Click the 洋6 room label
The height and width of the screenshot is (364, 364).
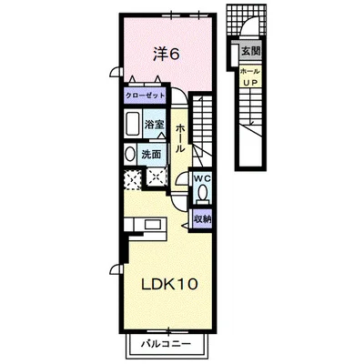point(167,55)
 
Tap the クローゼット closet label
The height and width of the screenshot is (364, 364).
point(146,96)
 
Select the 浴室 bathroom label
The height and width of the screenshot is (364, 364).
point(154,125)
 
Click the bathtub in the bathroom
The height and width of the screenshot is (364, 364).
point(132,124)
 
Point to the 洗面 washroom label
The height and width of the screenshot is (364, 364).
point(151,155)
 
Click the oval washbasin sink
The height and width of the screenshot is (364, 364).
point(130,155)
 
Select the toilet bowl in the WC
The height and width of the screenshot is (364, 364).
point(202,192)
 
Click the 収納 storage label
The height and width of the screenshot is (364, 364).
point(202,219)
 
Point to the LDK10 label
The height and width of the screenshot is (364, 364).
point(170,284)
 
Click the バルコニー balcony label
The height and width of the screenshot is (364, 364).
point(167,344)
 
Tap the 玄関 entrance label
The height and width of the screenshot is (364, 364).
point(250,51)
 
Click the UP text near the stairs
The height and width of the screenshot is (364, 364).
point(250,82)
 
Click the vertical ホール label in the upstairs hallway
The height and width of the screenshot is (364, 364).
point(180,138)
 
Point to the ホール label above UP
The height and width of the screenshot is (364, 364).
point(250,72)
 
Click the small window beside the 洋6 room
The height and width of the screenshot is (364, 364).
point(116,72)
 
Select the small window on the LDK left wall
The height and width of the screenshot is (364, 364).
point(116,268)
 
